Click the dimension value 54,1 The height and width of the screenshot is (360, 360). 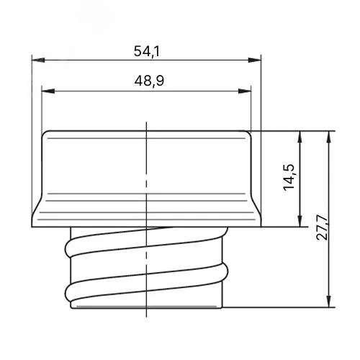point(147,51)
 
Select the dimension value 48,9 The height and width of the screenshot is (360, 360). point(149,81)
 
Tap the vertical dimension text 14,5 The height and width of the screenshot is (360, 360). point(289,177)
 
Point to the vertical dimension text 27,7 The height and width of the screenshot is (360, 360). point(322,228)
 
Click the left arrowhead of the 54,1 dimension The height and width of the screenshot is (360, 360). point(38,60)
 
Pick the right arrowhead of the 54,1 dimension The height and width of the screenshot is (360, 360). point(255,60)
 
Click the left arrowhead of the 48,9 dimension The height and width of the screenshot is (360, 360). point(48,91)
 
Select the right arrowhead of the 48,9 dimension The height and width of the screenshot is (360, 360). point(245,91)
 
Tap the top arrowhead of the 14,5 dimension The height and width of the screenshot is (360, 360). point(300,138)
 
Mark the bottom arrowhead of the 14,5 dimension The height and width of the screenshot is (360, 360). point(300,220)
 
